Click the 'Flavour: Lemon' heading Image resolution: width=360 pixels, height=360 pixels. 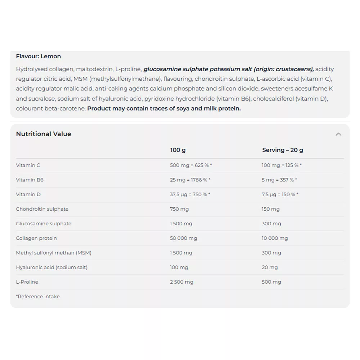(x=39, y=56)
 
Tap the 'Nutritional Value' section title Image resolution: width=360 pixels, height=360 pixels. (x=44, y=134)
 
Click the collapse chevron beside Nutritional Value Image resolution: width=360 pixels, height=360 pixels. (x=338, y=134)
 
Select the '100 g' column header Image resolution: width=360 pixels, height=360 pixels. (x=178, y=150)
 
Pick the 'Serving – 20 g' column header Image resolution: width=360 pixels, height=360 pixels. (x=283, y=150)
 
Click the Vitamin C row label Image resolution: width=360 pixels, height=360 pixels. (x=28, y=165)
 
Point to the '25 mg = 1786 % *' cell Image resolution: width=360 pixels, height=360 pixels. (x=190, y=180)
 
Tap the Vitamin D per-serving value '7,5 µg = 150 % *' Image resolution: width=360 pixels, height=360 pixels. (x=280, y=194)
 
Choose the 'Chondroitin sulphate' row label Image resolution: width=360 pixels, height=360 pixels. (x=42, y=209)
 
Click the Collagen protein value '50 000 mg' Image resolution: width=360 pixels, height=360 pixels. (x=184, y=238)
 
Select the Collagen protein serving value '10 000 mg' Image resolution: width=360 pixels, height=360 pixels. (x=275, y=238)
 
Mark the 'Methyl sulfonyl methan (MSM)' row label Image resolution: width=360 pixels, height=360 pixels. (x=54, y=253)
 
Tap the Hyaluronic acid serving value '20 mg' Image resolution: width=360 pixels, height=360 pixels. (x=270, y=267)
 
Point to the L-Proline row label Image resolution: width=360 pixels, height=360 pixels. (x=27, y=282)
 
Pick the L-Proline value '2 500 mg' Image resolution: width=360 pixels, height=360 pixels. (x=181, y=282)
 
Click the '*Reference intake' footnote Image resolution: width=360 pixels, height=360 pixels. (x=38, y=297)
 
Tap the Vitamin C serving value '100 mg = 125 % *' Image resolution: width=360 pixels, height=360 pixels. (x=282, y=165)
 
